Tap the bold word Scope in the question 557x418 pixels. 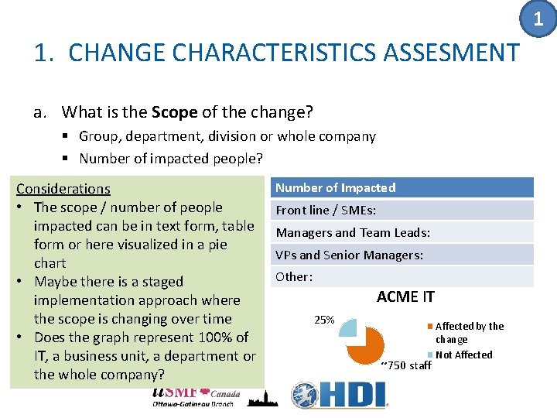pyautogui.click(x=174, y=112)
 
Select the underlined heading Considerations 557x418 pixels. pyautogui.click(x=63, y=188)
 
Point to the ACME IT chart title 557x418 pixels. pyautogui.click(x=405, y=296)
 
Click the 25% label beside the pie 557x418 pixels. pyautogui.click(x=323, y=320)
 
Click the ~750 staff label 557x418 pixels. pyautogui.click(x=406, y=365)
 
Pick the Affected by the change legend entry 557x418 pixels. pyautogui.click(x=469, y=333)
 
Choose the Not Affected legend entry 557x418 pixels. pyautogui.click(x=463, y=355)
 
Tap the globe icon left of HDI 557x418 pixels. pyautogui.click(x=304, y=396)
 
